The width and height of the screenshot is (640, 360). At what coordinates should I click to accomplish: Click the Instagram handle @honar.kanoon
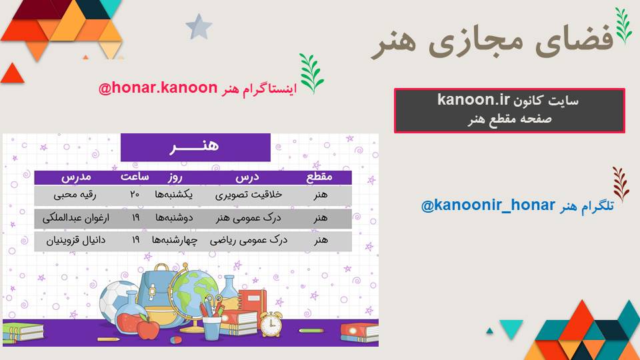click(158, 88)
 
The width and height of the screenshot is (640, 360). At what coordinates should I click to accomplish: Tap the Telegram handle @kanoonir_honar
click(488, 205)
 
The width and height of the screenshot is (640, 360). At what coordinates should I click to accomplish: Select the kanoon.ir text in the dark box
click(473, 99)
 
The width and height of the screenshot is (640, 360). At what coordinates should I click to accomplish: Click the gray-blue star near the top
click(199, 27)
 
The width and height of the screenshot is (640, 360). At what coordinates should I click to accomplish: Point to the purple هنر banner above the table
click(195, 147)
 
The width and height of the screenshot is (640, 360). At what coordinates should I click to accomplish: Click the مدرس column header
click(76, 177)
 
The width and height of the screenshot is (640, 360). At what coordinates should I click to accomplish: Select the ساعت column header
click(135, 177)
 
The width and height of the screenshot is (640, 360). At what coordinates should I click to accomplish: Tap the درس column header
click(247, 177)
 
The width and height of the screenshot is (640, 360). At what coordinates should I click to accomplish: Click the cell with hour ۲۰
click(135, 195)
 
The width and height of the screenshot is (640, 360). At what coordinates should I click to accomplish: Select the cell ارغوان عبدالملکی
click(76, 218)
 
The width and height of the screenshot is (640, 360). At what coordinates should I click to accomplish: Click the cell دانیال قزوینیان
click(76, 241)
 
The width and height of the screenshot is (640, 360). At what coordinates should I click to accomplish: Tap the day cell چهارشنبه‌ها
click(175, 241)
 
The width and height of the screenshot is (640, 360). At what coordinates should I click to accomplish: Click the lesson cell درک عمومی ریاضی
click(249, 241)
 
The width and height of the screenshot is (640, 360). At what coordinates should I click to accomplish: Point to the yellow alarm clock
click(271, 324)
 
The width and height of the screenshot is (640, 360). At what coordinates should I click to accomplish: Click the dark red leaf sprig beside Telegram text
click(621, 184)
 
